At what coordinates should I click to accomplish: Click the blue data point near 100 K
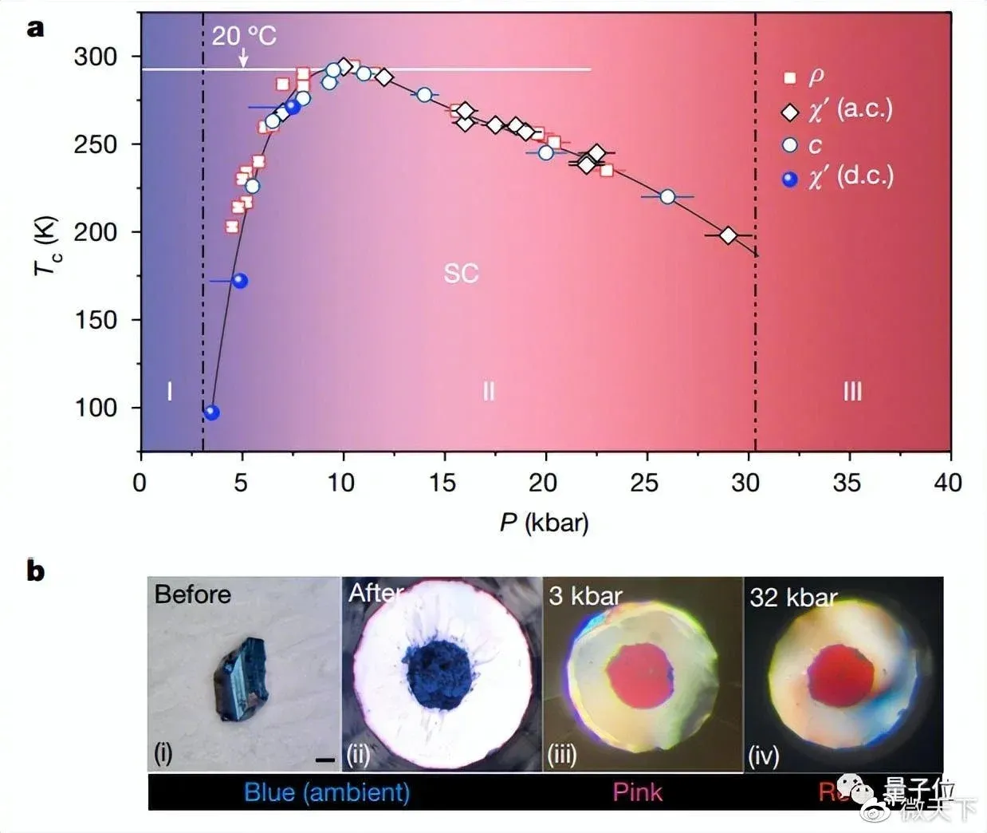(211, 413)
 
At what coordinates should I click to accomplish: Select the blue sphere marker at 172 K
(239, 281)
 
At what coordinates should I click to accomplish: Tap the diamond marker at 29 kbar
(727, 235)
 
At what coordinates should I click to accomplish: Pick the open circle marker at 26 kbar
(667, 196)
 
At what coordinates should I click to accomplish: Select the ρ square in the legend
(790, 77)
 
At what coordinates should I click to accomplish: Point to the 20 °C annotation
(244, 36)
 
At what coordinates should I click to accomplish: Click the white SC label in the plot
(461, 274)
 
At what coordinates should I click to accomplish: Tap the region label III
(852, 391)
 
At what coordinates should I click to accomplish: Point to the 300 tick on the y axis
(96, 57)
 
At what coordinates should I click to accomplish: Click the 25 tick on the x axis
(644, 482)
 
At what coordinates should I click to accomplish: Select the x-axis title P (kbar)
(545, 523)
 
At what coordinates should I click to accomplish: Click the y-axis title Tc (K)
(46, 246)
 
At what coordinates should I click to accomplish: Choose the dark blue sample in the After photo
(439, 673)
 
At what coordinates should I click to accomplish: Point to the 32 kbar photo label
(793, 597)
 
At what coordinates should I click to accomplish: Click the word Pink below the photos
(637, 792)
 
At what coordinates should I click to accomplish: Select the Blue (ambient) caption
(327, 792)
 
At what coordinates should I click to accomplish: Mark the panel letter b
(36, 571)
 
